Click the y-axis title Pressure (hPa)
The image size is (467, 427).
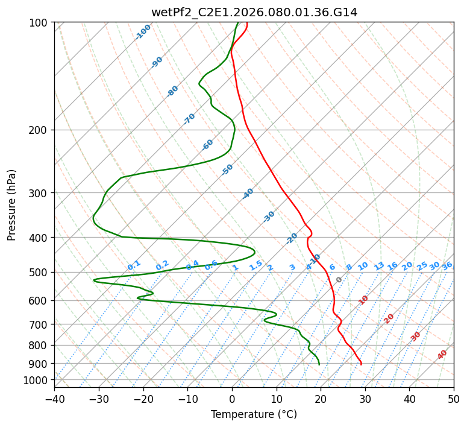(x=12, y=204)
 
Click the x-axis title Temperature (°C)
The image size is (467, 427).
(x=254, y=415)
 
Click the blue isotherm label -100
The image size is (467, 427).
(x=143, y=32)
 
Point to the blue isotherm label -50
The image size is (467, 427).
(x=227, y=169)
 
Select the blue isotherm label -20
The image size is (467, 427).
(x=292, y=238)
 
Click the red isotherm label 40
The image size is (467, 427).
(x=442, y=355)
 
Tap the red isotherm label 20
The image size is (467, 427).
(x=389, y=318)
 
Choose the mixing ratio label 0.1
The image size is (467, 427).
(x=134, y=265)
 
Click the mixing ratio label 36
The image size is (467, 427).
(x=447, y=266)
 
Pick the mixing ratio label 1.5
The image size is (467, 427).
(x=256, y=265)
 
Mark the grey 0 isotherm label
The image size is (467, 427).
(x=339, y=280)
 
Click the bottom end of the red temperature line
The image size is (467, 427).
(x=361, y=364)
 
